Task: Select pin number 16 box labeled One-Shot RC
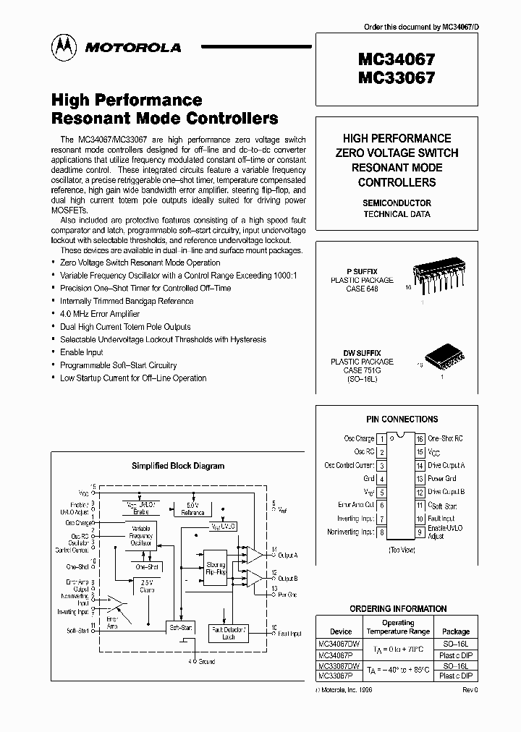pyautogui.click(x=419, y=438)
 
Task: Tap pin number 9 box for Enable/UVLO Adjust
pyautogui.click(x=419, y=532)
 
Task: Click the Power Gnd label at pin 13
pyautogui.click(x=441, y=479)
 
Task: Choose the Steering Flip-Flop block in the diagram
pyautogui.click(x=216, y=568)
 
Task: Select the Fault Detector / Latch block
pyautogui.click(x=228, y=632)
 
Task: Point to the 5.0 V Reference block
pyautogui.click(x=192, y=509)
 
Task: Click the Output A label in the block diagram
pyautogui.click(x=288, y=556)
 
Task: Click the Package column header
pyautogui.click(x=455, y=631)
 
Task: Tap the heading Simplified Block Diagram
pyautogui.click(x=177, y=466)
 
